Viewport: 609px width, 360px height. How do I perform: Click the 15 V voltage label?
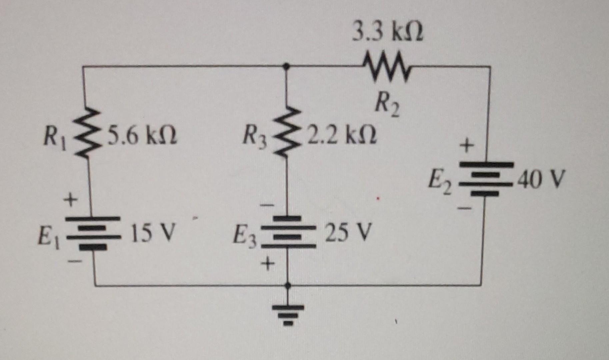point(152,232)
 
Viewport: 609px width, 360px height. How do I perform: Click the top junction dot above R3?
point(286,66)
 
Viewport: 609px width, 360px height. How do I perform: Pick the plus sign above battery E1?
point(70,200)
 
